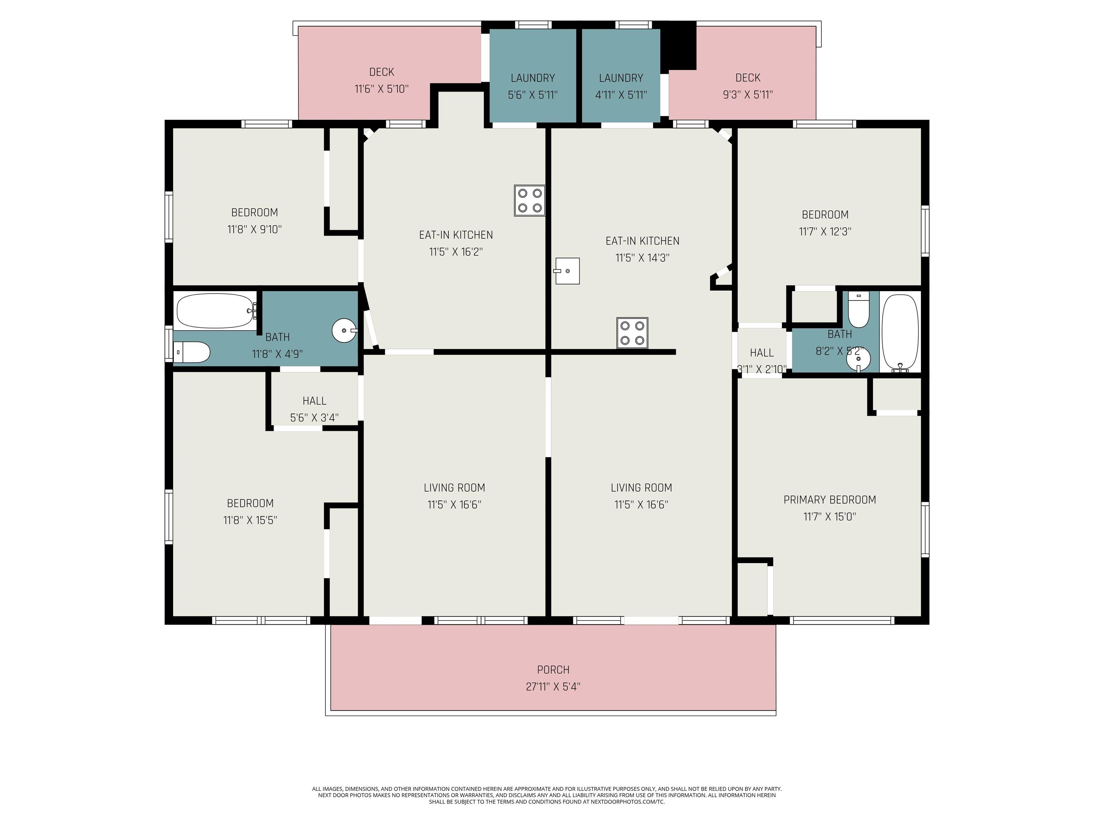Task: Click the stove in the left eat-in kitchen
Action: coord(530,201)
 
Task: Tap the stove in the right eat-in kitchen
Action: coord(632,333)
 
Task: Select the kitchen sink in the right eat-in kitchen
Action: coord(567,271)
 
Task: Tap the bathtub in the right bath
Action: coord(900,333)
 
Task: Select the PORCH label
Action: coord(553,670)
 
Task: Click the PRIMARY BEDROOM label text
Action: coord(829,500)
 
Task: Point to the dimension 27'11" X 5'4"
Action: coord(553,687)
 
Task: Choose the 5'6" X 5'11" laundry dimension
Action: coord(533,95)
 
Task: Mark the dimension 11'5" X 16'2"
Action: coord(455,252)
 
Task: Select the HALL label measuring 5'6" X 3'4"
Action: coord(314,401)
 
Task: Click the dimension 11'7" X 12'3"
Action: coord(825,231)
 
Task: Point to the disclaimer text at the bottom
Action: coord(547,795)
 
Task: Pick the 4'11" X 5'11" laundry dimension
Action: coord(621,95)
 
